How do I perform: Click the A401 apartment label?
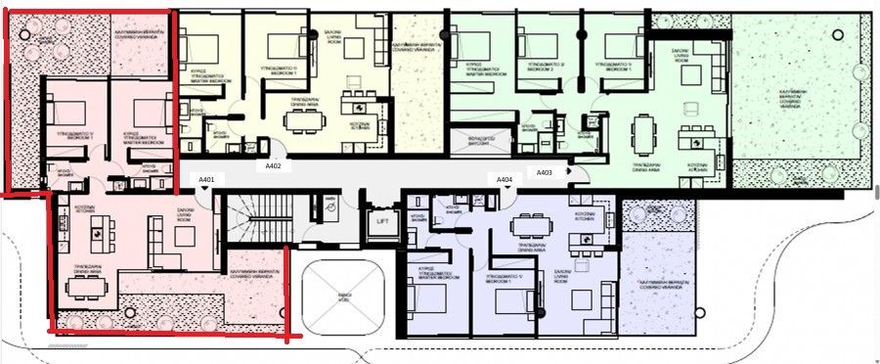coord(206,180)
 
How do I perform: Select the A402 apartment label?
coord(274,166)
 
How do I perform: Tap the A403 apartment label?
coord(545,172)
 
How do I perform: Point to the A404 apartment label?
coord(504,180)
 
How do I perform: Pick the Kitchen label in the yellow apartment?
coord(360,126)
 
